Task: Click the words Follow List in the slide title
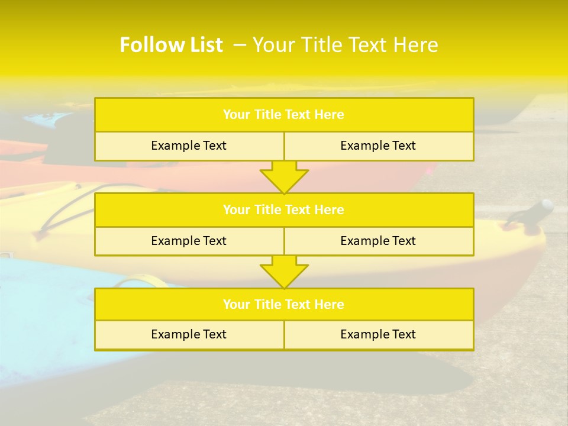[x=171, y=45]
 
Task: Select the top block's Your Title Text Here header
[x=283, y=115]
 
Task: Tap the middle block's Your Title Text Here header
[x=283, y=209]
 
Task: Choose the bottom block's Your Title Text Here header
[x=283, y=304]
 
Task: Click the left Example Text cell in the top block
[x=189, y=146]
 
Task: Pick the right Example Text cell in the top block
[x=378, y=146]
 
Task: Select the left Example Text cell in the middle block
[x=189, y=241]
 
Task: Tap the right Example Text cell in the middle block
[x=378, y=241]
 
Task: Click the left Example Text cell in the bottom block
[x=189, y=334]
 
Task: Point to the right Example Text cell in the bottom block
[x=378, y=334]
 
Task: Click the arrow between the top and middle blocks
[x=284, y=177]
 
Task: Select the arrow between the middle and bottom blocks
[x=284, y=272]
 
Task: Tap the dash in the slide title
[x=240, y=45]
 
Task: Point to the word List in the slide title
[x=201, y=45]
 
